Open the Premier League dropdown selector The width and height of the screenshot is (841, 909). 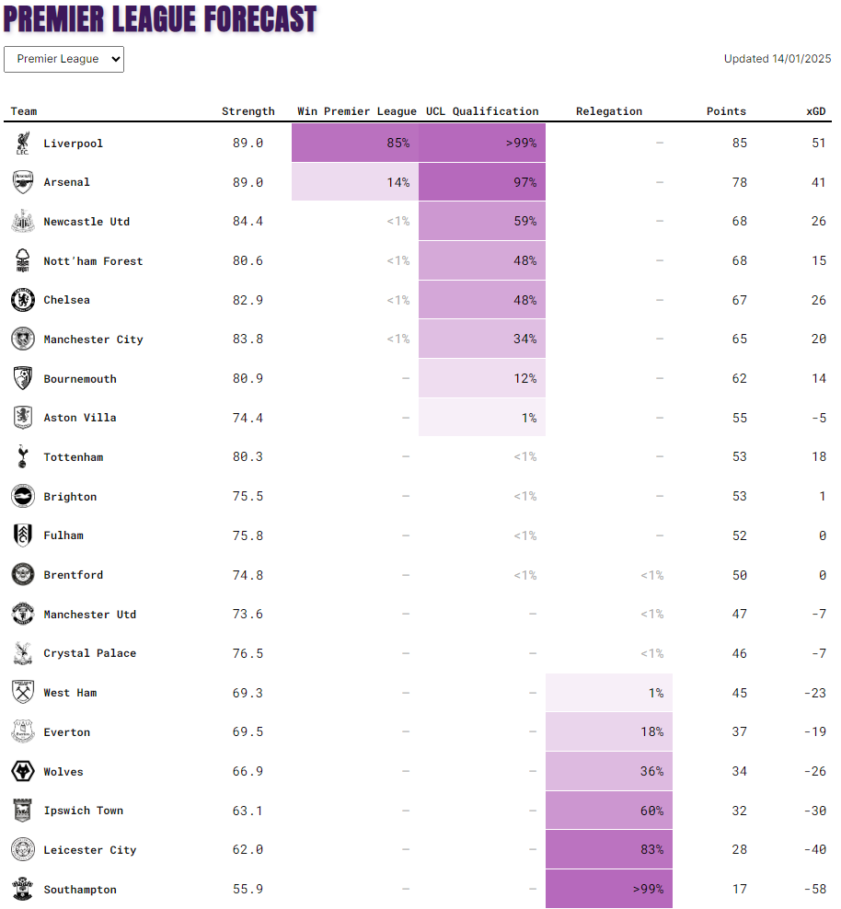click(63, 59)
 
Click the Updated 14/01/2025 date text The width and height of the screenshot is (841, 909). click(778, 59)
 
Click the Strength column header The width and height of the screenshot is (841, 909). click(248, 111)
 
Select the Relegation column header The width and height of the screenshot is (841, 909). click(609, 111)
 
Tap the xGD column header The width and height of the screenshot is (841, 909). click(816, 111)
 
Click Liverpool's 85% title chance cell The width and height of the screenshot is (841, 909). click(355, 143)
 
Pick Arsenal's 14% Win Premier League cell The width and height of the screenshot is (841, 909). click(355, 182)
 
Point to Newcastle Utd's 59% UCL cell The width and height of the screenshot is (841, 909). click(482, 221)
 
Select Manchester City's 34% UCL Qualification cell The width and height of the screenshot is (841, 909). click(482, 339)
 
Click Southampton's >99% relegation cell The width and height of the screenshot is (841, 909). click(609, 889)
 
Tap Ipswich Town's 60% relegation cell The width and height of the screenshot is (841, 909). click(609, 811)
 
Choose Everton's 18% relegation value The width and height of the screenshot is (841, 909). click(652, 731)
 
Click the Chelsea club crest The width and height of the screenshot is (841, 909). click(23, 300)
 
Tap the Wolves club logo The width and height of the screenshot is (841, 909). click(23, 771)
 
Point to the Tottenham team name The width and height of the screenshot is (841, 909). click(74, 457)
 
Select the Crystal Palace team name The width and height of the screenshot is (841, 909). click(90, 653)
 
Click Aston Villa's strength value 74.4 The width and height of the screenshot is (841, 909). click(248, 418)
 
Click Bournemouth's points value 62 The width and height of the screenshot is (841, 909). click(740, 378)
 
